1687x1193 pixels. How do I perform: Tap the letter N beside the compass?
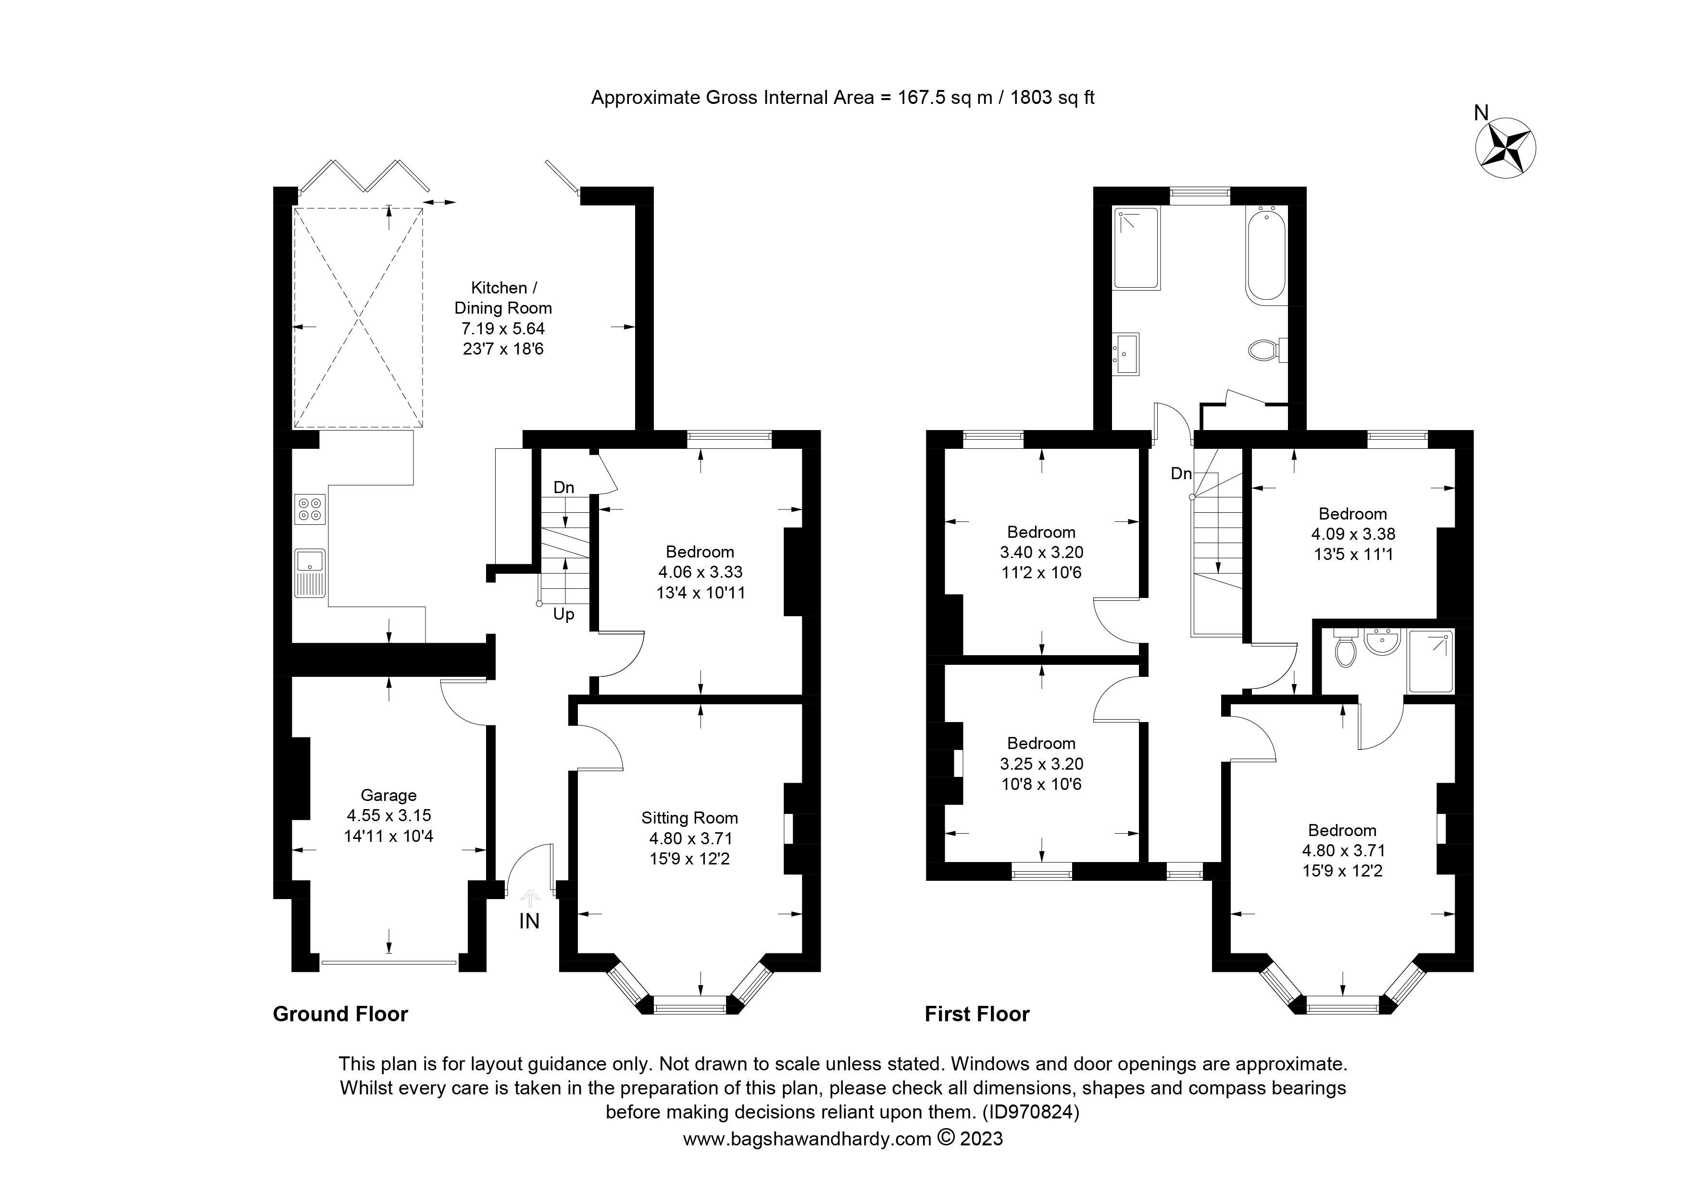[x=1481, y=113]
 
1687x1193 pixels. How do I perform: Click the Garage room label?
[x=388, y=795]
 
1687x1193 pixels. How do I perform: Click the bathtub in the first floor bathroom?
[x=1266, y=256]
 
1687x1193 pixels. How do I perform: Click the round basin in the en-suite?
[x=1382, y=642]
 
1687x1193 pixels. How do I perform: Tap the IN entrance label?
[x=529, y=921]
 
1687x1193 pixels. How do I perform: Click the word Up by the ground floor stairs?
[x=563, y=614]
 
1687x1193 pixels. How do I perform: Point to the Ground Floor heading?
[x=340, y=1015]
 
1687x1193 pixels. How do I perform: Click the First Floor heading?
[x=977, y=1015]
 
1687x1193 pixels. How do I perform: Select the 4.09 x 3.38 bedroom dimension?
[x=1353, y=534]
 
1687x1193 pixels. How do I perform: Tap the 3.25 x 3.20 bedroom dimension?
[x=1042, y=764]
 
